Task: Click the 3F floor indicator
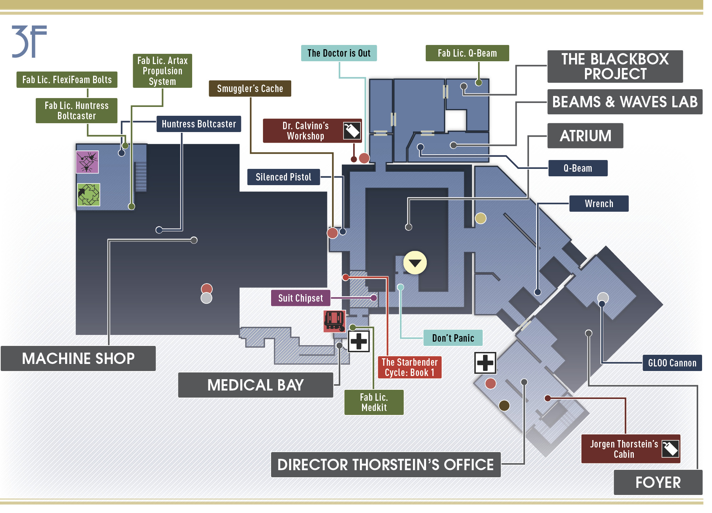[29, 41]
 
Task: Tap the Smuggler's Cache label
[250, 89]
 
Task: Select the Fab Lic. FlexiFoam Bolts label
[67, 80]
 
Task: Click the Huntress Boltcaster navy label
[199, 124]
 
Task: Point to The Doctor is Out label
[339, 53]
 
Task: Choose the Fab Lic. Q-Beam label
[467, 53]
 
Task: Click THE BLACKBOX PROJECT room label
[615, 67]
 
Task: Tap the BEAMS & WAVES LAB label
[625, 102]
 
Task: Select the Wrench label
[599, 204]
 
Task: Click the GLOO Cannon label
[672, 363]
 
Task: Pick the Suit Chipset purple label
[300, 298]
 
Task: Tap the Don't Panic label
[453, 338]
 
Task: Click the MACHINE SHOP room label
[78, 359]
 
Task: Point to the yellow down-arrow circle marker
[415, 263]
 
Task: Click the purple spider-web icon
[87, 162]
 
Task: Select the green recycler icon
[88, 195]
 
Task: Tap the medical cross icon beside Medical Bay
[359, 341]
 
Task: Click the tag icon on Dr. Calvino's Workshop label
[352, 131]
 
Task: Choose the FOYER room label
[658, 483]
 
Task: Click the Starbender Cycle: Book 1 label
[410, 367]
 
